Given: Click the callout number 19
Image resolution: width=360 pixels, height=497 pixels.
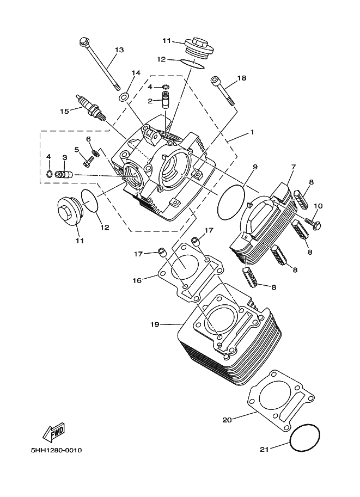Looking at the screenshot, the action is [x=155, y=324].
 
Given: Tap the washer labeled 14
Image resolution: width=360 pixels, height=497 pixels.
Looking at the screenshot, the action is [x=124, y=97].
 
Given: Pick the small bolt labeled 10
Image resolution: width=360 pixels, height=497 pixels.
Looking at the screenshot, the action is [x=313, y=223].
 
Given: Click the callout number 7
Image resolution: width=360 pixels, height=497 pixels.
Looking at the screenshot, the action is [x=294, y=167].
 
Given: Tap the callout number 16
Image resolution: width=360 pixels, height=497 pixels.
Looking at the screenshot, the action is [x=137, y=280].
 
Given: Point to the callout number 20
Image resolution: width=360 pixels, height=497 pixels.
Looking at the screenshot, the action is [x=227, y=420].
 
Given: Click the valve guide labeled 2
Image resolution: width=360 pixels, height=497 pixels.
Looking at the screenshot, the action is [x=166, y=100].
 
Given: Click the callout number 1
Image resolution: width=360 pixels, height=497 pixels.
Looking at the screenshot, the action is [x=252, y=132].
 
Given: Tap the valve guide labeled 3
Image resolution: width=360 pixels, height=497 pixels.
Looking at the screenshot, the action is [x=64, y=175].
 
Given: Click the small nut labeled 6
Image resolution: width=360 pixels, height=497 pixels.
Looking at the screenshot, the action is [x=95, y=153].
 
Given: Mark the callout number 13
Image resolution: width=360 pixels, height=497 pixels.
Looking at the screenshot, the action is [x=119, y=50].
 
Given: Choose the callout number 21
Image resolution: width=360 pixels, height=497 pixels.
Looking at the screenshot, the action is [x=264, y=449].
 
